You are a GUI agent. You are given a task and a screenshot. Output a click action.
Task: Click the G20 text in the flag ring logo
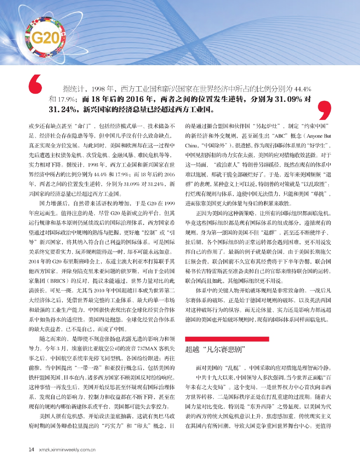click(46, 38)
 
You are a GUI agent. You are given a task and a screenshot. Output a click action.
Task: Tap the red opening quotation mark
click(35, 84)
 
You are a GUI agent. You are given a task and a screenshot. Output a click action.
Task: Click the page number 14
click(31, 450)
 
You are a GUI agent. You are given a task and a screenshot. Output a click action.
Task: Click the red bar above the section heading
click(227, 339)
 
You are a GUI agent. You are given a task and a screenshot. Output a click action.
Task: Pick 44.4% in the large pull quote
click(302, 89)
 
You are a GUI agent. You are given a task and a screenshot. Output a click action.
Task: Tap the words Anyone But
click(319, 136)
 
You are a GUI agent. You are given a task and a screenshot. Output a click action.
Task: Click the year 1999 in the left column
click(169, 203)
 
